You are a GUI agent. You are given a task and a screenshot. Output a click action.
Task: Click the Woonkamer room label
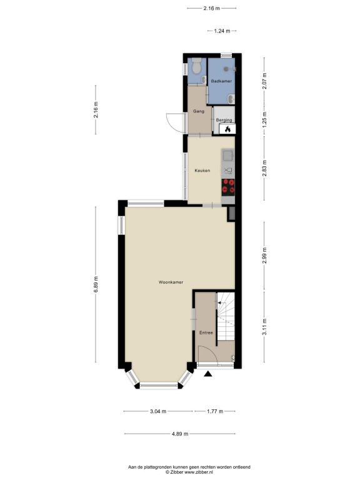pyautogui.click(x=171, y=282)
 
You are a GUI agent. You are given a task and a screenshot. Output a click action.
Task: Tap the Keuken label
pyautogui.click(x=202, y=171)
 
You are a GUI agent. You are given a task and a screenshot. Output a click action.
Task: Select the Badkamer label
pyautogui.click(x=221, y=81)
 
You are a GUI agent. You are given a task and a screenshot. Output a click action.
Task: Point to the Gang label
pyautogui.click(x=198, y=111)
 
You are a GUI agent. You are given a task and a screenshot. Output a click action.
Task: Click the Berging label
pyautogui.click(x=224, y=120)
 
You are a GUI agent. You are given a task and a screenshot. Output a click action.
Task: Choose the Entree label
pyautogui.click(x=206, y=332)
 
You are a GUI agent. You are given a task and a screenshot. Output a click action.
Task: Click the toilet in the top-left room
pyautogui.click(x=196, y=66)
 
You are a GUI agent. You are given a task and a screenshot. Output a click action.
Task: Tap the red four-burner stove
pyautogui.click(x=228, y=187)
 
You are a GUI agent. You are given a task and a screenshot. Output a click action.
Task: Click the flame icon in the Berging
pyautogui.click(x=227, y=129)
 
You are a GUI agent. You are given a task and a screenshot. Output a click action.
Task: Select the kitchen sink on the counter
pyautogui.click(x=227, y=155)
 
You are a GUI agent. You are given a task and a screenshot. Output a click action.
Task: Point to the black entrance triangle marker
pyautogui.click(x=208, y=374)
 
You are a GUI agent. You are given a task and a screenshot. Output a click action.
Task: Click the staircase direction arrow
pyautogui.click(x=222, y=303)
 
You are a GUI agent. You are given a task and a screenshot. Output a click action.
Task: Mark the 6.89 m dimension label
pyautogui.click(x=96, y=284)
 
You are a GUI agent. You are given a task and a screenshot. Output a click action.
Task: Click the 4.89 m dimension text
pyautogui.click(x=180, y=434)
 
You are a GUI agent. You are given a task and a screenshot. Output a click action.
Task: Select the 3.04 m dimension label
pyautogui.click(x=158, y=411)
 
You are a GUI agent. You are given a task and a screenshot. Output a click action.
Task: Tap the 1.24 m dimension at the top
pyautogui.click(x=222, y=31)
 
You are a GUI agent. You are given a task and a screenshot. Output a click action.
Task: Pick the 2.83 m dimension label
pyautogui.click(x=264, y=168)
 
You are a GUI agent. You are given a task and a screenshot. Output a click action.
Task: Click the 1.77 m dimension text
pyautogui.click(x=215, y=411)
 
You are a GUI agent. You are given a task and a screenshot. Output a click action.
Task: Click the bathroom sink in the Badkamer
pyautogui.click(x=231, y=98)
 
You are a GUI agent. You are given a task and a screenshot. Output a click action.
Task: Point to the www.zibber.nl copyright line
pyautogui.click(x=189, y=472)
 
